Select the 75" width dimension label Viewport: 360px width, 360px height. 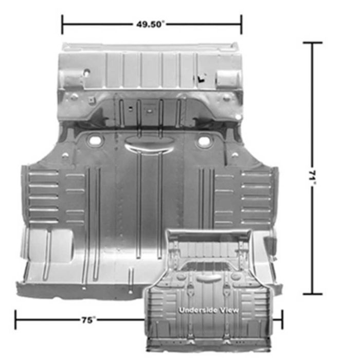coord(88,319)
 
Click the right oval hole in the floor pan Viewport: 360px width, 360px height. coord(204,140)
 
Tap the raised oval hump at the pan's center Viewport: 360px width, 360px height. coord(149,146)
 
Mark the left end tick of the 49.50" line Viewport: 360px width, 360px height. coord(62,24)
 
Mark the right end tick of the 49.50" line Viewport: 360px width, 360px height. coord(241,24)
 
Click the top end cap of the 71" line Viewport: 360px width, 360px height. coord(312,43)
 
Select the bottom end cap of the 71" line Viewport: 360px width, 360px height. coord(312,294)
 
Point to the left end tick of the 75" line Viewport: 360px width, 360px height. coord(15,319)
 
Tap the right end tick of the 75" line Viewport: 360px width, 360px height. coord(282,319)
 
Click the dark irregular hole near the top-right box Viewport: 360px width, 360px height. coord(201,78)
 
